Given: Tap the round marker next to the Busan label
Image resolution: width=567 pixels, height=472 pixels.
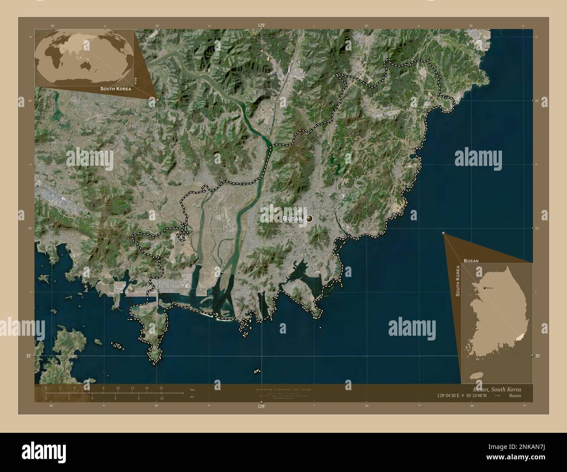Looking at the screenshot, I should (310, 218).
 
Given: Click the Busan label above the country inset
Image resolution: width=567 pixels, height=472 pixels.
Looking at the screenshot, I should (471, 260).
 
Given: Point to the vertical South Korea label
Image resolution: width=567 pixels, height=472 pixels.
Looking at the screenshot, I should (458, 281).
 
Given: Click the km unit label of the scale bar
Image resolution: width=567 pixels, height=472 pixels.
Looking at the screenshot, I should (192, 389).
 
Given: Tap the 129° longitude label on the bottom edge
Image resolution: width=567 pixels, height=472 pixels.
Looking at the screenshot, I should (261, 406).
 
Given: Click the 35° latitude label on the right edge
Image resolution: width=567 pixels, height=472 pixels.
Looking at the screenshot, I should (537, 356).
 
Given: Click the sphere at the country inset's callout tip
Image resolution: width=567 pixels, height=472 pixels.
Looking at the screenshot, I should (444, 234).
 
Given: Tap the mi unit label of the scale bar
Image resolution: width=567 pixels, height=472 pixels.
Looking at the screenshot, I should (192, 396).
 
